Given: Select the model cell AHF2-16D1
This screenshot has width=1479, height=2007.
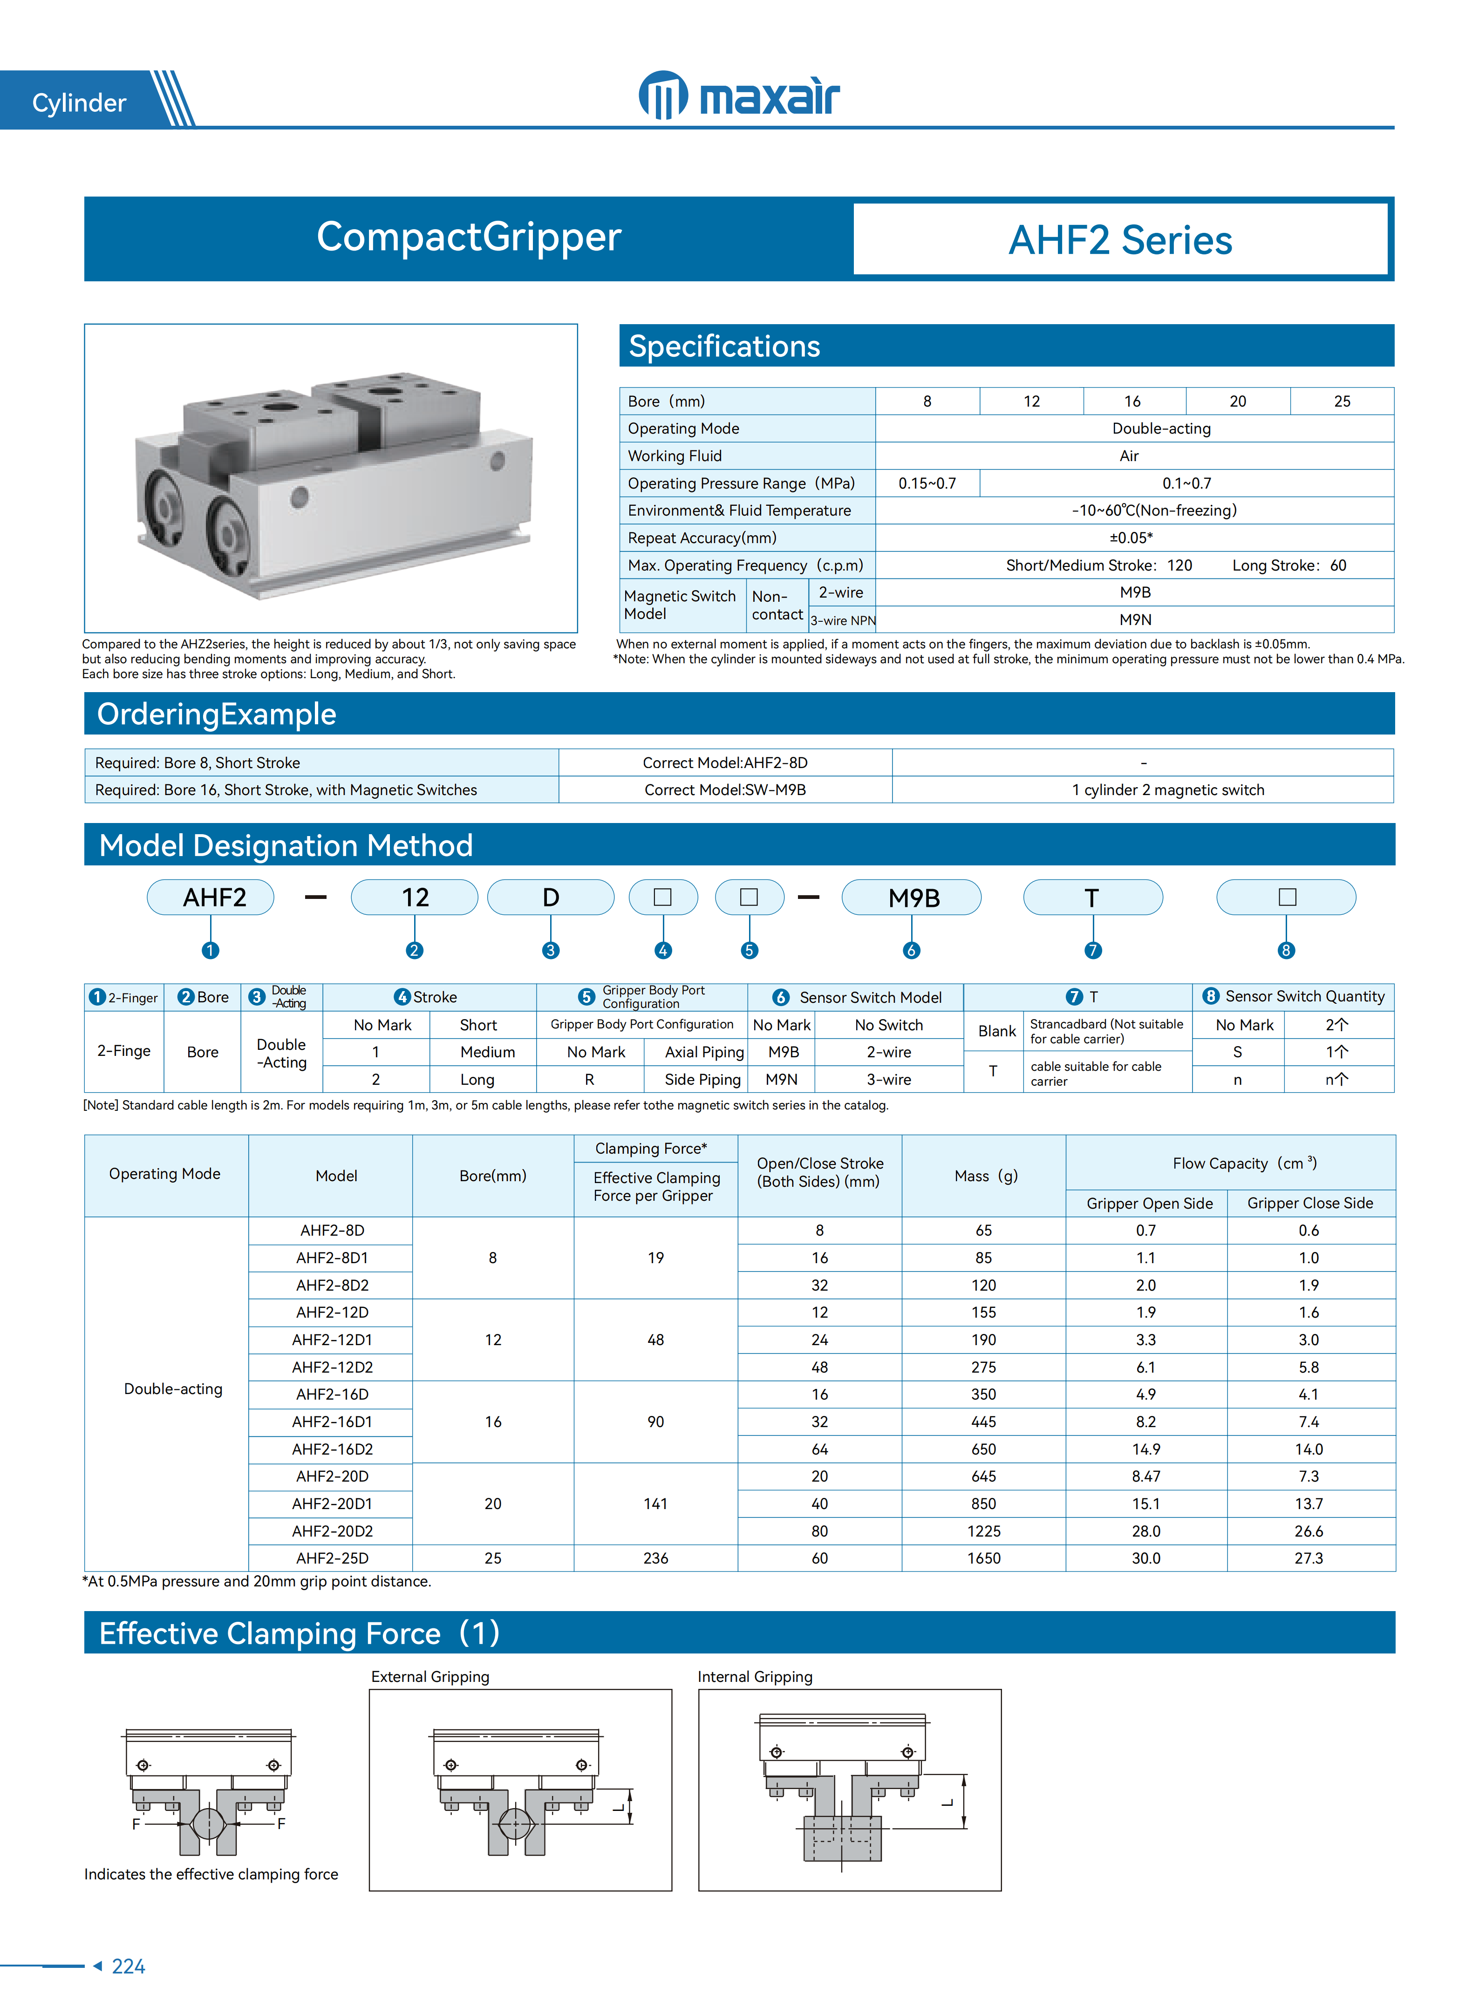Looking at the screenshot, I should [332, 1422].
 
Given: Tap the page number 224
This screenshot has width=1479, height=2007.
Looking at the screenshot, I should [128, 1966].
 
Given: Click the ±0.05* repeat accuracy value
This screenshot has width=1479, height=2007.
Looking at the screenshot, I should [1131, 537].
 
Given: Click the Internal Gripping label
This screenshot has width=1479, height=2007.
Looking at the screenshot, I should [755, 1677].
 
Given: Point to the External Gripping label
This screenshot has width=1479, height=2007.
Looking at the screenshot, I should [430, 1677].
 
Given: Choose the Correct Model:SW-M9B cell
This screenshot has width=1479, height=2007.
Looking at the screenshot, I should [725, 789].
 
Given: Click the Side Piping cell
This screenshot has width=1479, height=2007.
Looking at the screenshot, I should [702, 1080].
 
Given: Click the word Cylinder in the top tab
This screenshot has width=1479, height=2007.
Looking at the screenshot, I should [79, 103].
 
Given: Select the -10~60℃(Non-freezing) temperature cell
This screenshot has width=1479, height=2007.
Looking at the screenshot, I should [1154, 510].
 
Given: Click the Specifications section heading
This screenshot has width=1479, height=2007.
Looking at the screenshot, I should [724, 347].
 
